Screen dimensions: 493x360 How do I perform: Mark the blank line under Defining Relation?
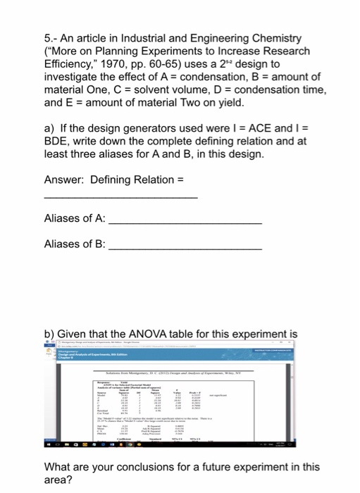coord(120,198)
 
